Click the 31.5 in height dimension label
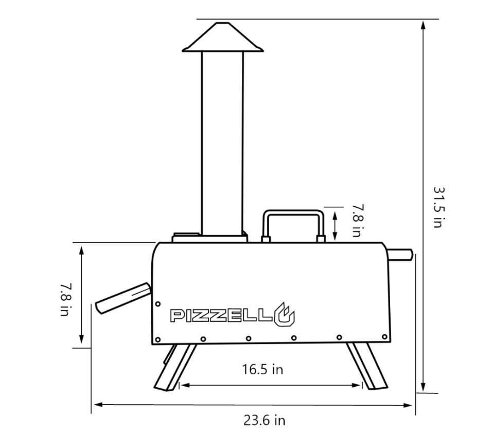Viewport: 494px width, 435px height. (x=439, y=207)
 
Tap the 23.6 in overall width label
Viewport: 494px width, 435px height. (x=264, y=420)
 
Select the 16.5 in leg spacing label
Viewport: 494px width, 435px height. (x=262, y=369)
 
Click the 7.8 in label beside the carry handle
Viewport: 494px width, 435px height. (x=357, y=221)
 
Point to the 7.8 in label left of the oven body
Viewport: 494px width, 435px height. (x=65, y=300)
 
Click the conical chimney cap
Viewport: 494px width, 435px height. (x=223, y=37)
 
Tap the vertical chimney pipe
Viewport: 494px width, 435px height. (x=222, y=143)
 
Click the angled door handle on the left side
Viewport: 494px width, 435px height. (x=123, y=298)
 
